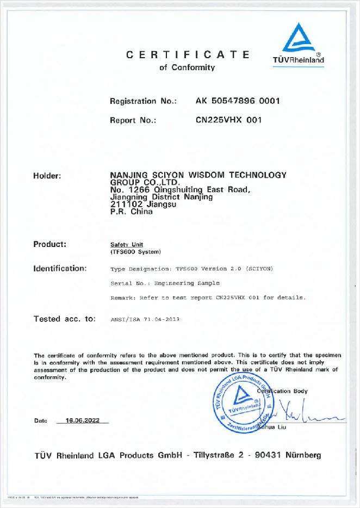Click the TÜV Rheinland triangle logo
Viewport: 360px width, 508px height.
tap(298, 38)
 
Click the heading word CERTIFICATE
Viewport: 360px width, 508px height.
tap(188, 54)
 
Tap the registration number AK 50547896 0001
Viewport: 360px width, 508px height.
tap(238, 101)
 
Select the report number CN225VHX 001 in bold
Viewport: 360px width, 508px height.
tap(228, 120)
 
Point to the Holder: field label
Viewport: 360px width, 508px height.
tap(47, 175)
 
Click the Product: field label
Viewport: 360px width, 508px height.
tap(50, 244)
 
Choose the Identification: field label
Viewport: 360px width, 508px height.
tap(60, 268)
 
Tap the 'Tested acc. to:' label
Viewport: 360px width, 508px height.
tap(65, 319)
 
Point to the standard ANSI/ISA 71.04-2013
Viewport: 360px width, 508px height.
tap(145, 320)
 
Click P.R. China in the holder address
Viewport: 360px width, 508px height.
tap(132, 212)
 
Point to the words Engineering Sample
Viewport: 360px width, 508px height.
tap(187, 283)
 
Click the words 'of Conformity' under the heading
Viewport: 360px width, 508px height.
tap(187, 67)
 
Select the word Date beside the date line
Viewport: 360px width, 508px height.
tap(41, 421)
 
